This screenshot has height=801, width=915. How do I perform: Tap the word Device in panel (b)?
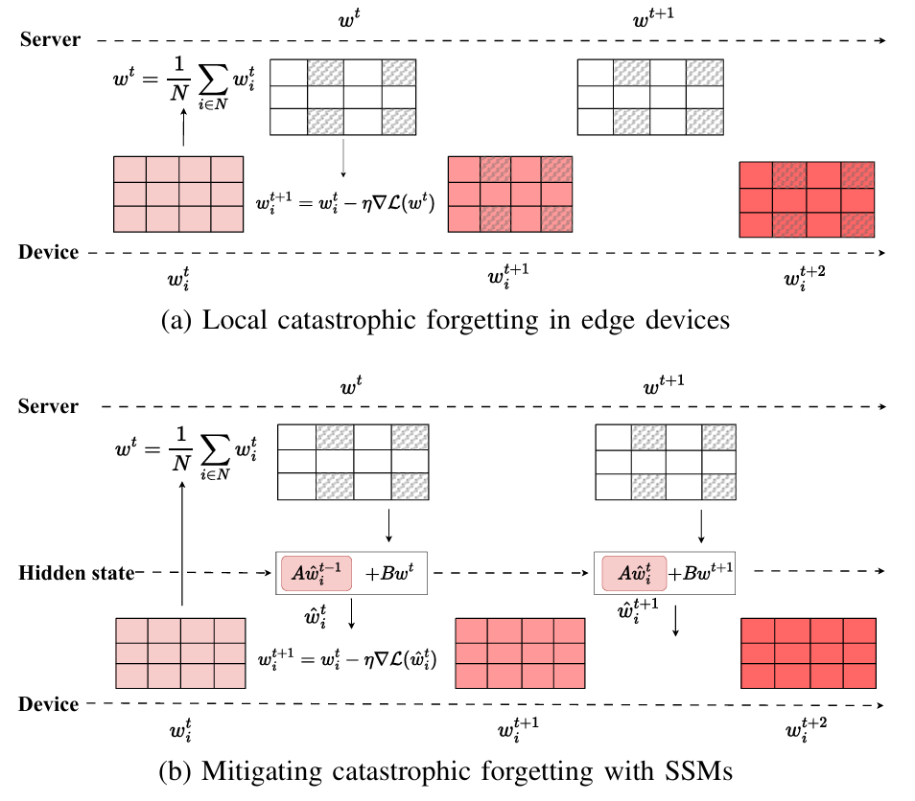(x=48, y=704)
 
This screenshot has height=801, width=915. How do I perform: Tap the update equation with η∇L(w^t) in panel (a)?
(x=343, y=203)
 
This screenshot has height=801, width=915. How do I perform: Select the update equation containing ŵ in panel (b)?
(x=347, y=659)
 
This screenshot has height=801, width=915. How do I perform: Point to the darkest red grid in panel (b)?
(x=809, y=652)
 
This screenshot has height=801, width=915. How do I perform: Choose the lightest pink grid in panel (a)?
(x=178, y=193)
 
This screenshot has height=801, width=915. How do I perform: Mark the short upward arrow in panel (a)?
(x=182, y=124)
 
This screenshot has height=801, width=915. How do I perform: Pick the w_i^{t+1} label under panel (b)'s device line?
(x=519, y=733)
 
